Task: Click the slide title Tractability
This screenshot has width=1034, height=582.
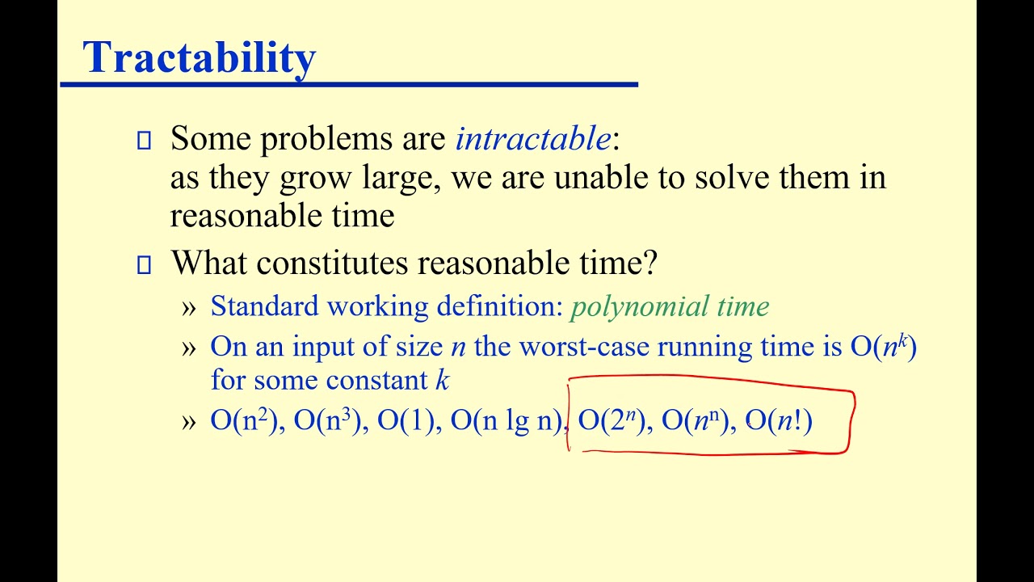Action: (199, 57)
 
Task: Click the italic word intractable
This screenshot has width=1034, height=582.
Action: (533, 139)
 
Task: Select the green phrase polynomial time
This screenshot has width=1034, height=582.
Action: (670, 306)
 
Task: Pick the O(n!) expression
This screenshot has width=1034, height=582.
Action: (779, 421)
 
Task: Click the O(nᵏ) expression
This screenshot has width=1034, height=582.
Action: (883, 347)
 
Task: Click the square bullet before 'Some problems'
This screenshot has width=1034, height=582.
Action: (144, 141)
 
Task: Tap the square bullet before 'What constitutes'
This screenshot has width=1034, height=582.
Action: (144, 265)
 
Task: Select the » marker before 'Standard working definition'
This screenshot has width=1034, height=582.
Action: (189, 307)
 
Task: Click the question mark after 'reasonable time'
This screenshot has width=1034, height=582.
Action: (650, 264)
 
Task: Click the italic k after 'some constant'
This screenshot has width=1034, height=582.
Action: (442, 380)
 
